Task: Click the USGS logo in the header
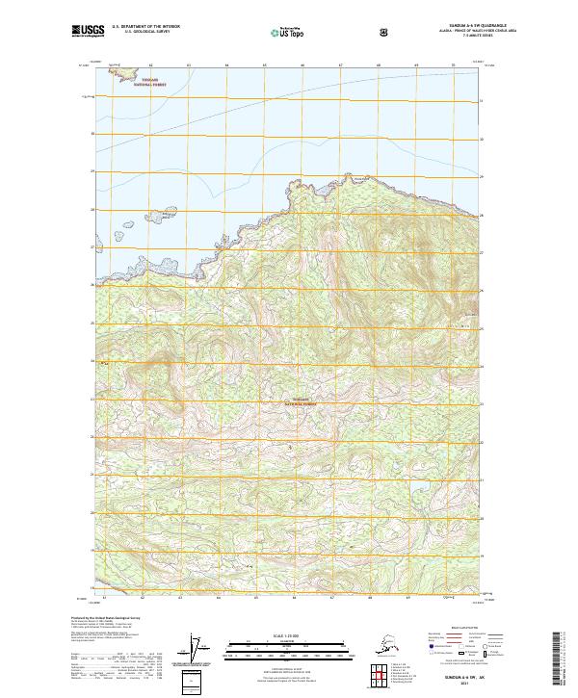tap(89, 32)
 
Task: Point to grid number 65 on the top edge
tap(264, 65)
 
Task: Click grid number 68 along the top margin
tap(379, 65)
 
